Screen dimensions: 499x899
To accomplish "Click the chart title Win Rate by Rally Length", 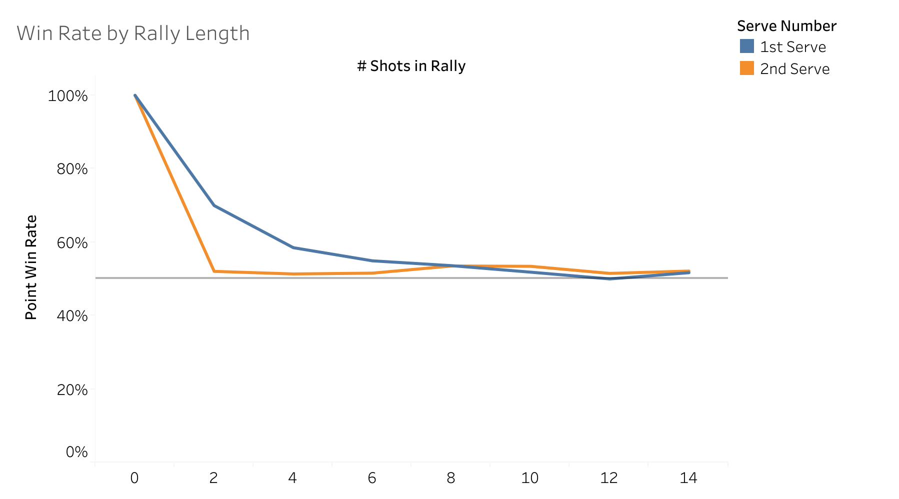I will click(133, 33).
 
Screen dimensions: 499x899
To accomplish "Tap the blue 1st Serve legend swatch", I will click(746, 46).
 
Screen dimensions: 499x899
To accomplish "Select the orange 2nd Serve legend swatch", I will click(746, 68).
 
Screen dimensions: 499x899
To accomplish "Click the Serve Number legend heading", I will click(786, 26).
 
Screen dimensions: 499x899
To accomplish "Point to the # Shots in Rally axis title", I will click(411, 66).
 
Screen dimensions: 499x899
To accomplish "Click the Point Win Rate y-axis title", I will click(31, 267).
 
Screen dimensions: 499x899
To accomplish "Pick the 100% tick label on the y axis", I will click(67, 95).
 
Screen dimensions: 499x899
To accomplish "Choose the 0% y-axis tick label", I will click(76, 452).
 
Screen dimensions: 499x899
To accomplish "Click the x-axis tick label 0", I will click(134, 478).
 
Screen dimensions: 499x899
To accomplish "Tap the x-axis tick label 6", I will click(372, 478).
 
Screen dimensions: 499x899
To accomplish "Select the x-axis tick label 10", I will click(530, 478).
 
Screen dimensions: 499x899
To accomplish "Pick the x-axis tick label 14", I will click(688, 478).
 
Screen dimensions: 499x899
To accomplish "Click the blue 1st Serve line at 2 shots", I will click(214, 205).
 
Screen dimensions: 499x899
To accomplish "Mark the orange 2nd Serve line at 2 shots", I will click(214, 271).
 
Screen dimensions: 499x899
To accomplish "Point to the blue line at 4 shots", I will click(293, 247).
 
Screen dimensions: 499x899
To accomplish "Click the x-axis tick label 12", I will click(609, 478).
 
